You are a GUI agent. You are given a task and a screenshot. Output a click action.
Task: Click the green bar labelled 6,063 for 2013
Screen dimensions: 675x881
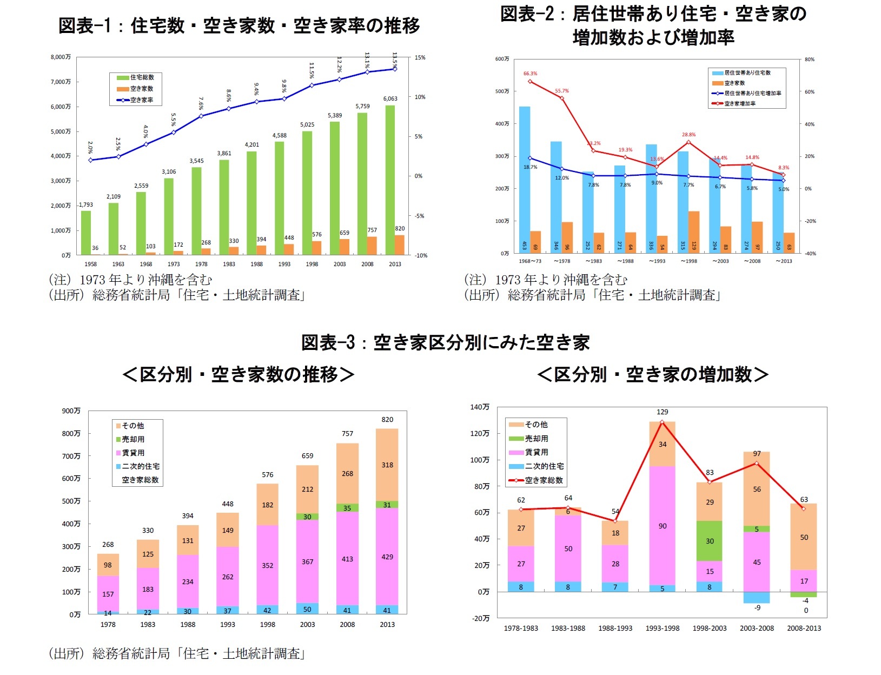pos(390,178)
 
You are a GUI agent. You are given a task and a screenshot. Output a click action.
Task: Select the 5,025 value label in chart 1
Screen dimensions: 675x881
pos(307,125)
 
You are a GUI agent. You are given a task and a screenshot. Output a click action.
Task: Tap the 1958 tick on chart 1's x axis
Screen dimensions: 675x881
pos(90,264)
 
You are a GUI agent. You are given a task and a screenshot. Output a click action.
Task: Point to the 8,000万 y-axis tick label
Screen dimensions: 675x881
pos(61,57)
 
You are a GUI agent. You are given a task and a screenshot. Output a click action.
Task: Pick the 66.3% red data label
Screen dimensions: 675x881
pos(530,74)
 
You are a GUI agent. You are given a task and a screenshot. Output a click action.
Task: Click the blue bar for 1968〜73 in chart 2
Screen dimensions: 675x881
pos(525,178)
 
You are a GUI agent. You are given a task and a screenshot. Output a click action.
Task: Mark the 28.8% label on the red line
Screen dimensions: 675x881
pos(688,135)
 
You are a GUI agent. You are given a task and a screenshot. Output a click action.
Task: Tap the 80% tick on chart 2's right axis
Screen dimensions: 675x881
pos(809,59)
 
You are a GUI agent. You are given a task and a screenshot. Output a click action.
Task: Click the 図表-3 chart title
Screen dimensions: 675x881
pos(445,342)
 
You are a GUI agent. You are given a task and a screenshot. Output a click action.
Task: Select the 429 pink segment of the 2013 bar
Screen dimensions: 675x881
pos(387,557)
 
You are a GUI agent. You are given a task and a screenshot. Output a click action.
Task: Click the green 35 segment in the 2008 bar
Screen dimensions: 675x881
pos(347,508)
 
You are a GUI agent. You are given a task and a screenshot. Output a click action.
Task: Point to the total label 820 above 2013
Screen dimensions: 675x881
pos(387,420)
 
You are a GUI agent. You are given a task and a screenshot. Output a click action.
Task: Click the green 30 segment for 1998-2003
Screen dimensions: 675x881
pos(710,541)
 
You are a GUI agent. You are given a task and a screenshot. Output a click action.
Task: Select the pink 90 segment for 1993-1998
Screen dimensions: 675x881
pos(663,526)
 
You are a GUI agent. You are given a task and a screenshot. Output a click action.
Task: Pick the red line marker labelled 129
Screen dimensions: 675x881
pos(663,422)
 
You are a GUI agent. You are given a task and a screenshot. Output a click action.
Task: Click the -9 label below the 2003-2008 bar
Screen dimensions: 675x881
pos(757,608)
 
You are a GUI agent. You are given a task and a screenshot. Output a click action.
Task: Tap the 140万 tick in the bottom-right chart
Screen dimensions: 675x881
pos(480,407)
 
